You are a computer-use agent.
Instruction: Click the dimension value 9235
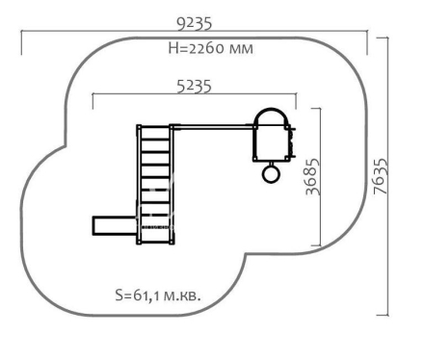195,24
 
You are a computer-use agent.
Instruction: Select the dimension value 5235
195,87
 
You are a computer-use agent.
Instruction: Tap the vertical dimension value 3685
313,176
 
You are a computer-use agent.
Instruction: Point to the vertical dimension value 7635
381,176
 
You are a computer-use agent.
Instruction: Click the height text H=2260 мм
211,48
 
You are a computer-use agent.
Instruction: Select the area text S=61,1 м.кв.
158,296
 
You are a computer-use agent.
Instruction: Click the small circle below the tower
271,173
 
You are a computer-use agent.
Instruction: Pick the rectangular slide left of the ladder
115,226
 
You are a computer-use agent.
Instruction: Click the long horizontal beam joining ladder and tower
212,127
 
